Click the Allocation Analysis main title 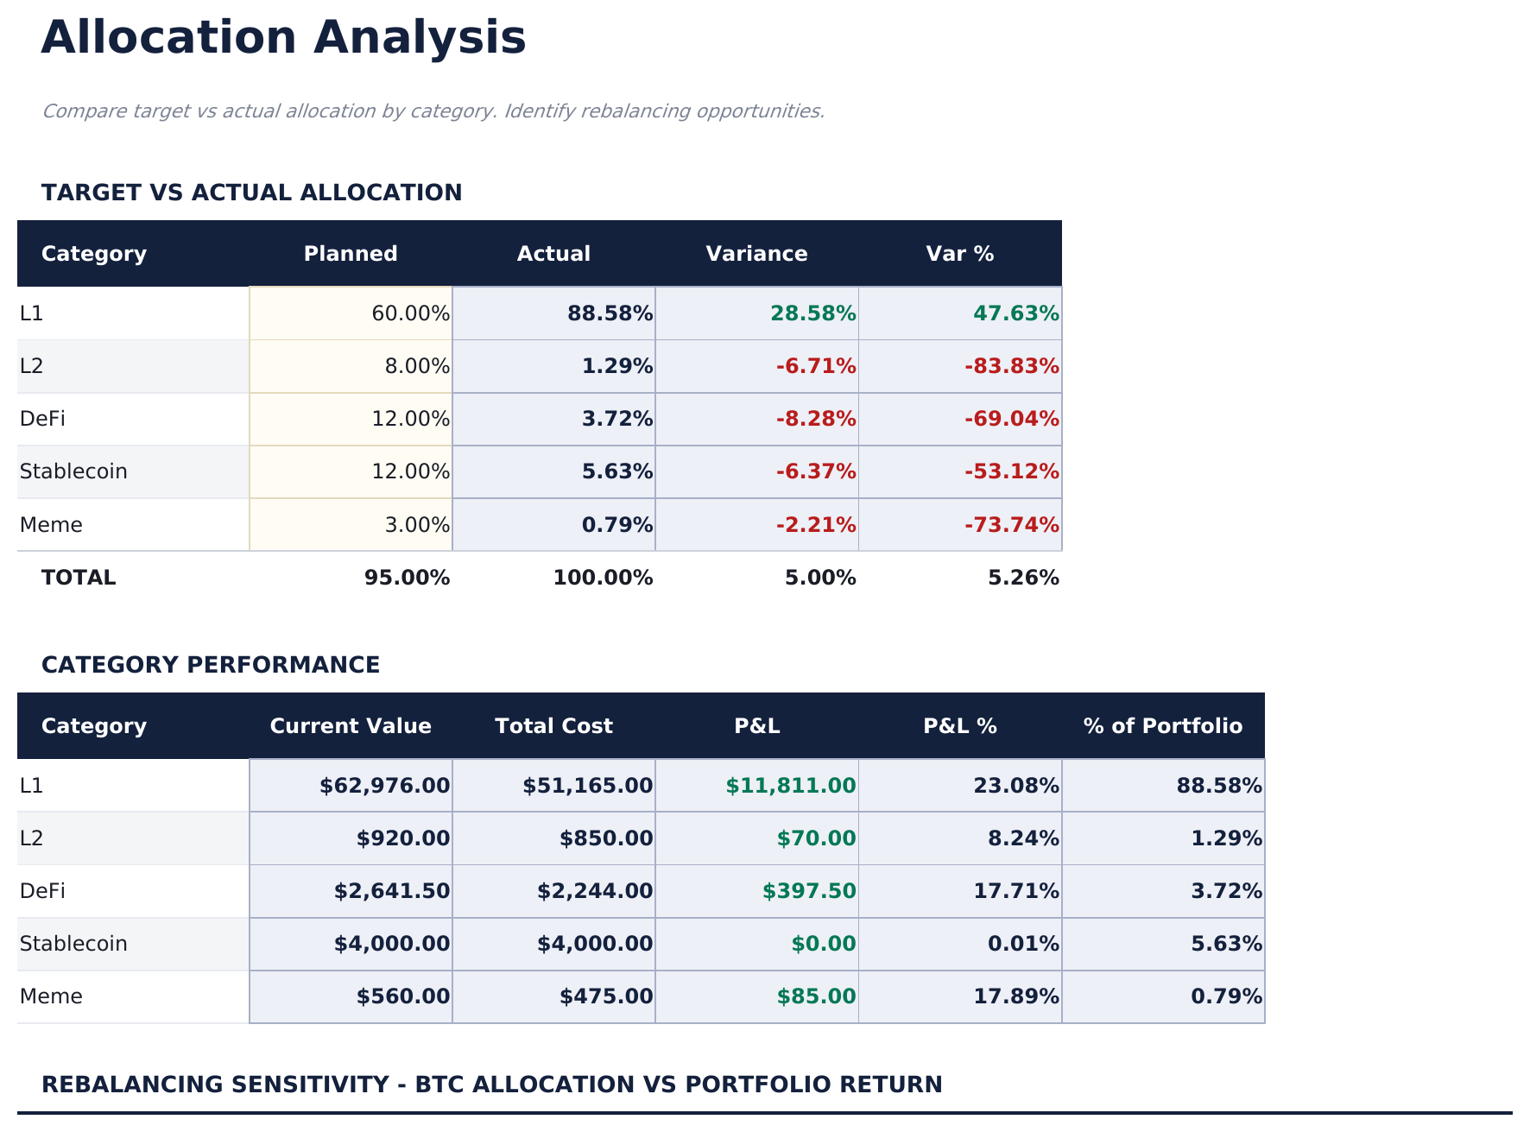click(x=283, y=39)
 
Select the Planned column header click(x=351, y=254)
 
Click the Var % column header click(x=959, y=254)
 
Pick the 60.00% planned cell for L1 click(x=410, y=313)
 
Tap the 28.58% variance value click(x=812, y=313)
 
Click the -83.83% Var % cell click(x=1011, y=366)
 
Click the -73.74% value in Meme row click(x=1011, y=525)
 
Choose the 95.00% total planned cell click(x=407, y=578)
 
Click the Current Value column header click(x=351, y=726)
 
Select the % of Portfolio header click(x=1163, y=726)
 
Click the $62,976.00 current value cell click(x=384, y=786)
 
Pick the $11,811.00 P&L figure click(x=790, y=786)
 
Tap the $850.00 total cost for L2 click(x=606, y=838)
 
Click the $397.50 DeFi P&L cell click(x=808, y=891)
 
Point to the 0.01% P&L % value click(x=1023, y=944)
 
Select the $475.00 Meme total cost click(x=606, y=996)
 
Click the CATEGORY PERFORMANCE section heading click(x=211, y=665)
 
